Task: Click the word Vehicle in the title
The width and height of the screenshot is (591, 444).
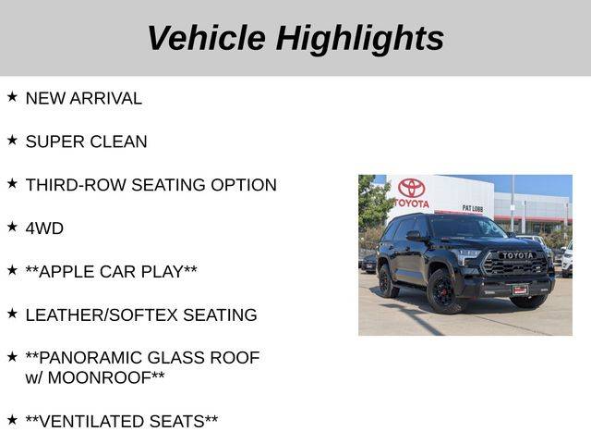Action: click(x=206, y=38)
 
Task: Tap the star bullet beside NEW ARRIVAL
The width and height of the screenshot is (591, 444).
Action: click(x=12, y=96)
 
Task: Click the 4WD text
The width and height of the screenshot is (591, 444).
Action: click(x=44, y=228)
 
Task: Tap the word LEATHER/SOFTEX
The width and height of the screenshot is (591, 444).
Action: click(x=102, y=314)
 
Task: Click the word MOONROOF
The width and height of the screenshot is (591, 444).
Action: click(x=100, y=378)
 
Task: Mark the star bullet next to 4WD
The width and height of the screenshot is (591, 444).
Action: click(x=12, y=227)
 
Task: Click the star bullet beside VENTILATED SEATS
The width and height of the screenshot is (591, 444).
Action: click(x=12, y=420)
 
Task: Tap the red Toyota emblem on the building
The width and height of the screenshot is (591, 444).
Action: click(x=411, y=188)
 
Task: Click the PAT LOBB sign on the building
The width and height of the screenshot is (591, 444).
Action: click(x=472, y=208)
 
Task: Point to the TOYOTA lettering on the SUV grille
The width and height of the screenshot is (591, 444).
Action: click(x=518, y=255)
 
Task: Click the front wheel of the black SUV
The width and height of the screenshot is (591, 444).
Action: click(x=443, y=292)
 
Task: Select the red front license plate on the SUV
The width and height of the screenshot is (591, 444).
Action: click(x=520, y=290)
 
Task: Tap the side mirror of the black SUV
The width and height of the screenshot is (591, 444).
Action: click(x=414, y=236)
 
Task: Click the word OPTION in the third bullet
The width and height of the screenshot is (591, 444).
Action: click(x=244, y=185)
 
